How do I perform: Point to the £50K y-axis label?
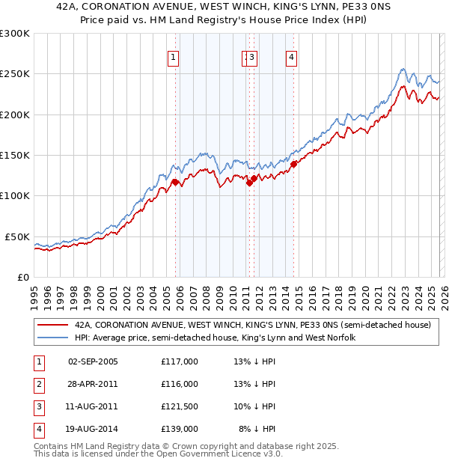coord(17,236)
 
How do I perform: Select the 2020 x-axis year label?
coord(364,290)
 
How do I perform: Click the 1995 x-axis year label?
coord(34,290)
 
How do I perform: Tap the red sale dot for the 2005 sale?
coord(175,182)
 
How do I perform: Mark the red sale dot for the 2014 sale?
coord(294,164)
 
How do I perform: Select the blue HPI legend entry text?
coord(215,338)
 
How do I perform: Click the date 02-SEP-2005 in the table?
coord(93,361)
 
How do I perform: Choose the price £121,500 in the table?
coord(180,406)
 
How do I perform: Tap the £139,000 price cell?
coord(180,429)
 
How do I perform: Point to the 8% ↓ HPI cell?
coord(257,429)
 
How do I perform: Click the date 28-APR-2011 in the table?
coord(93,384)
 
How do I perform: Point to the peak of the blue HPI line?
coord(403,70)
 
